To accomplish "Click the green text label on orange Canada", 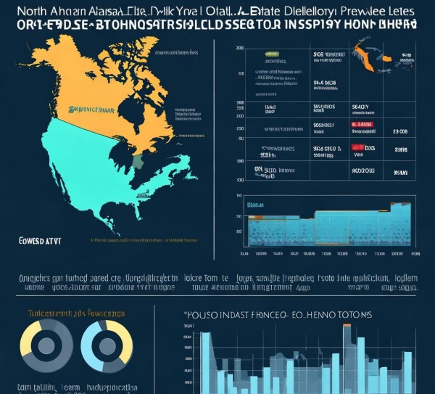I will pyautogui.click(x=92, y=109).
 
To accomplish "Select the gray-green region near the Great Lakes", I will pyautogui.click(x=138, y=160).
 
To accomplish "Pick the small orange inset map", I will pyautogui.click(x=370, y=55).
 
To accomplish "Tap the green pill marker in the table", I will pyautogui.click(x=273, y=55).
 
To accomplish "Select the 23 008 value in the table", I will pyautogui.click(x=399, y=131).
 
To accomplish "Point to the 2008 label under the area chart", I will pyautogui.click(x=397, y=255).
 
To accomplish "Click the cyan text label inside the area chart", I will pyautogui.click(x=256, y=206).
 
